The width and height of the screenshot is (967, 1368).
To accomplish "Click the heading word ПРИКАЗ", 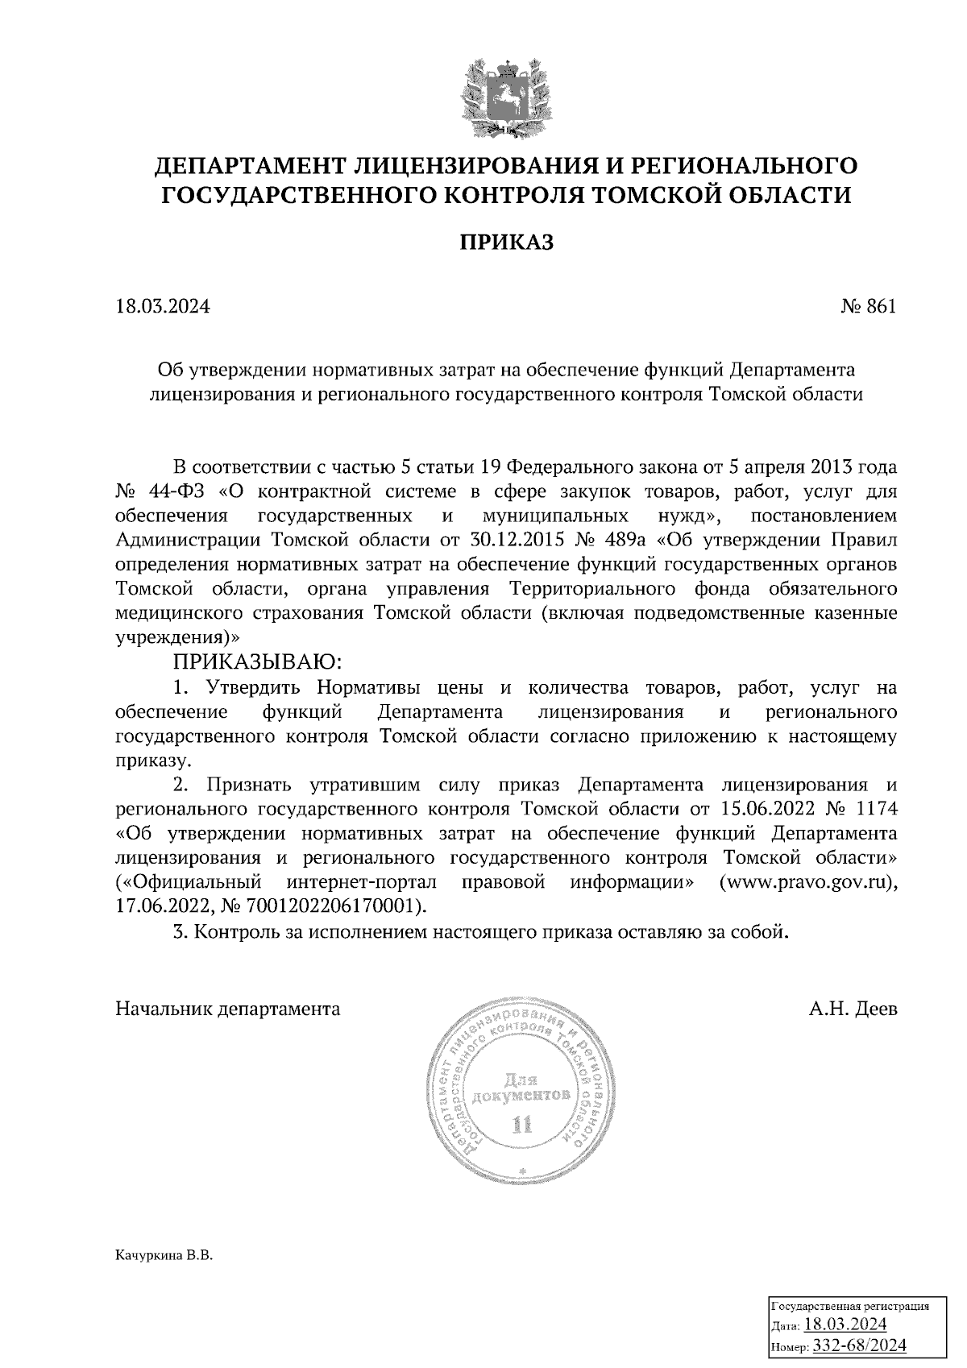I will point(507,243).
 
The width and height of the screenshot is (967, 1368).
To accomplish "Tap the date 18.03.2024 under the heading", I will point(163,307).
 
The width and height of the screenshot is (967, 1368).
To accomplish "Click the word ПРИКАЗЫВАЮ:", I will point(257,662).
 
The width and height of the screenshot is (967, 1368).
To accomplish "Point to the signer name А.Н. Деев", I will point(853,1009).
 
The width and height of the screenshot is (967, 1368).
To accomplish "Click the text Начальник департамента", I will point(228,1009).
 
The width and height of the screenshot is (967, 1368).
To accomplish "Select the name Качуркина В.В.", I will point(164,1256).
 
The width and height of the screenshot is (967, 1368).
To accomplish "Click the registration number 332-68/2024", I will point(860,1345).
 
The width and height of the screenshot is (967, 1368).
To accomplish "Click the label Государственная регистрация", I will point(851,1307).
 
